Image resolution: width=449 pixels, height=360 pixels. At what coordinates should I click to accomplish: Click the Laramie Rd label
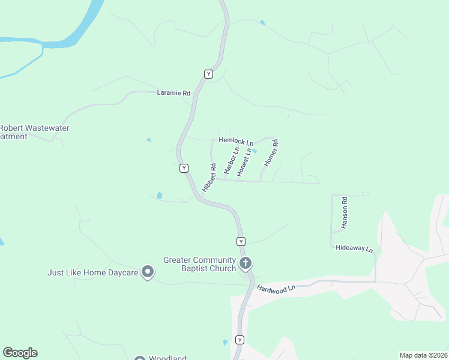[x=173, y=93]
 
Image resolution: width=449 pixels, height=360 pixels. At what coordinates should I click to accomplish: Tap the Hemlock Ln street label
[x=235, y=140]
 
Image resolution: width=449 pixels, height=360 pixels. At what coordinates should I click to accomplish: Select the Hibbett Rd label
[x=209, y=178]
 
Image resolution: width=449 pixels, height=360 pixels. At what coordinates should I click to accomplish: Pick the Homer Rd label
[x=272, y=152]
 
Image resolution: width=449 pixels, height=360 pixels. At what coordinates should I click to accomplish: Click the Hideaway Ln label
[x=354, y=248]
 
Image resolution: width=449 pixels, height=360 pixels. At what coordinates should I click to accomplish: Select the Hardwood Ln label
[x=277, y=289]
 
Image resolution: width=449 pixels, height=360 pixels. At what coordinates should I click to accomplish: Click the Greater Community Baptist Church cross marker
[x=245, y=263]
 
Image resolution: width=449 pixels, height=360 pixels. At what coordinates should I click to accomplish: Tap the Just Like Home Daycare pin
[x=147, y=272]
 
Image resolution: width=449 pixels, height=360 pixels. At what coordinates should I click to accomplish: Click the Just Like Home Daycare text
[x=93, y=272]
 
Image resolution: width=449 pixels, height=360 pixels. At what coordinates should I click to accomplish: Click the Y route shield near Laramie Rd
[x=208, y=74]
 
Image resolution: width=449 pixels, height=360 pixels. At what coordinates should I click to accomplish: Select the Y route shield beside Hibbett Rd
[x=184, y=169]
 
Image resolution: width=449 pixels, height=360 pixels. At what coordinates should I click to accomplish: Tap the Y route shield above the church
[x=240, y=241]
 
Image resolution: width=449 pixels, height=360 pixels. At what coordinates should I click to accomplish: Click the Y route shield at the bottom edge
[x=240, y=340]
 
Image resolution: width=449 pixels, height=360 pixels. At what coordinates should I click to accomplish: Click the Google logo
[x=20, y=353]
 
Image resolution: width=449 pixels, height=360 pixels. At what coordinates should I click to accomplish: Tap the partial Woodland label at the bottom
[x=165, y=358]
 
